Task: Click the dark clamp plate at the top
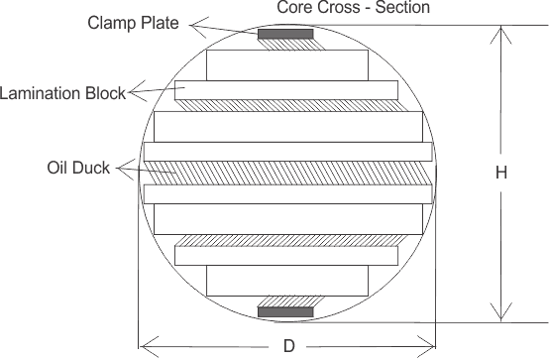point(285,37)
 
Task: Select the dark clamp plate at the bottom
point(285,312)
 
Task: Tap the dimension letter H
point(501,172)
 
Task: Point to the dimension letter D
point(287,346)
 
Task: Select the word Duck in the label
point(97,167)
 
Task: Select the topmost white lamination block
point(286,64)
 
